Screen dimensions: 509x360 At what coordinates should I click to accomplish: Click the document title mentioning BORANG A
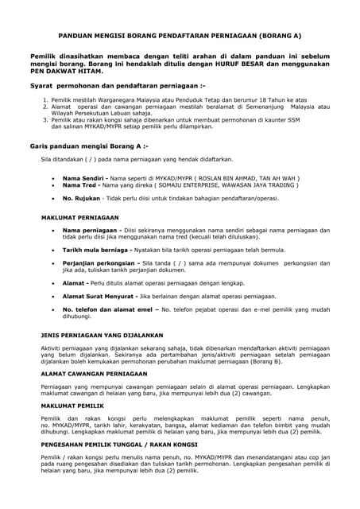pyautogui.click(x=180, y=36)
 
